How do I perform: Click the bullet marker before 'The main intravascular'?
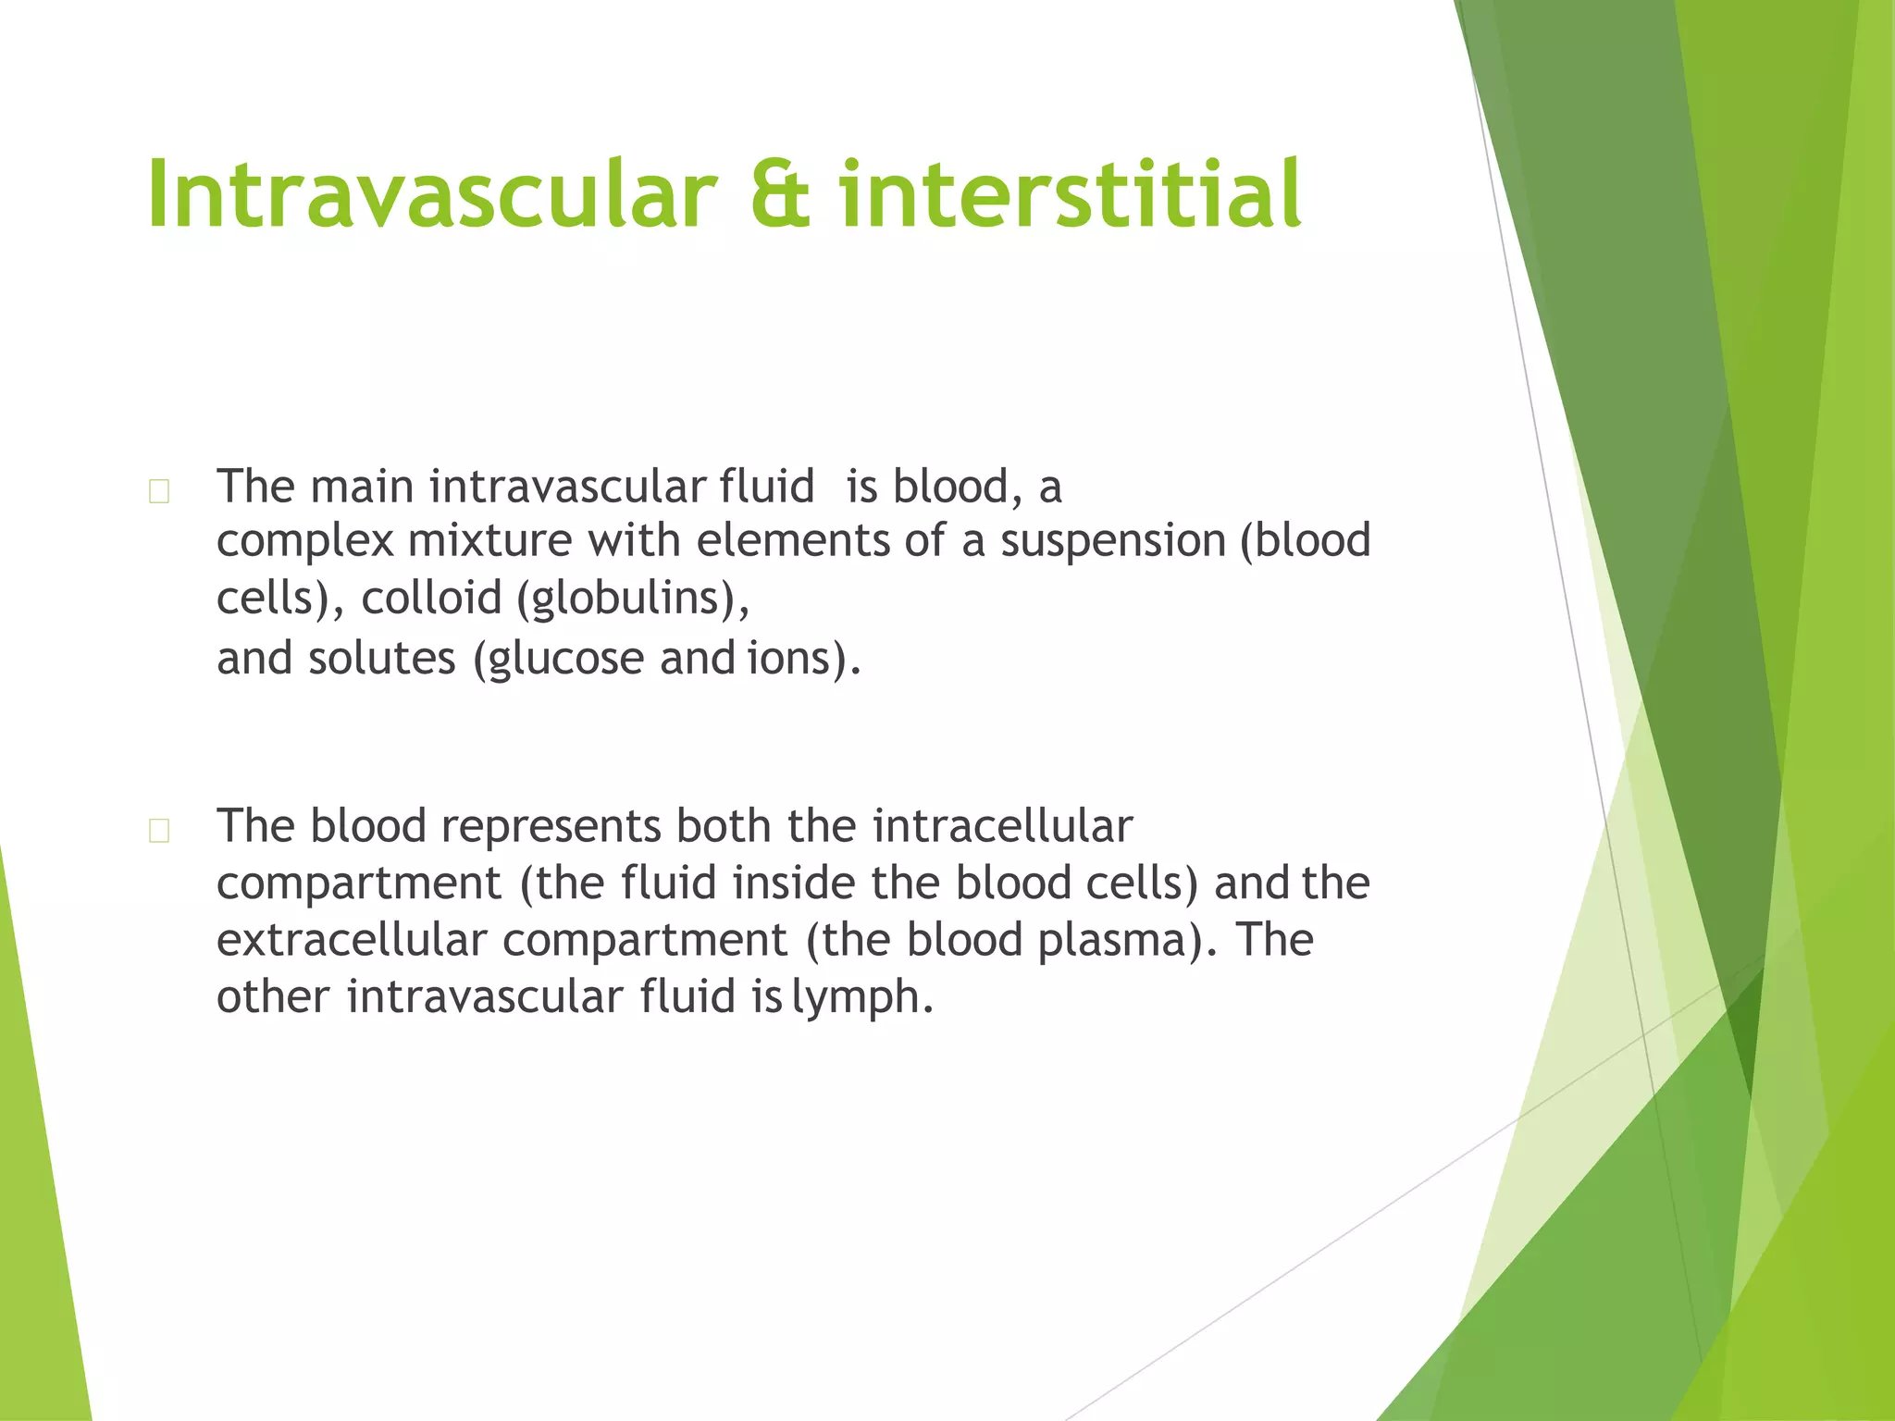(159, 491)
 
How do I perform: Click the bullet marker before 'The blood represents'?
(159, 831)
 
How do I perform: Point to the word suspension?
(1112, 541)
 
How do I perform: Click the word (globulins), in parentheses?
(633, 599)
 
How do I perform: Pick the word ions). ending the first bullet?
(804, 659)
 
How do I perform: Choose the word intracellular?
(1002, 826)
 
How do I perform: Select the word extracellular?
(352, 940)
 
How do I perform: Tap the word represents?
(551, 826)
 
